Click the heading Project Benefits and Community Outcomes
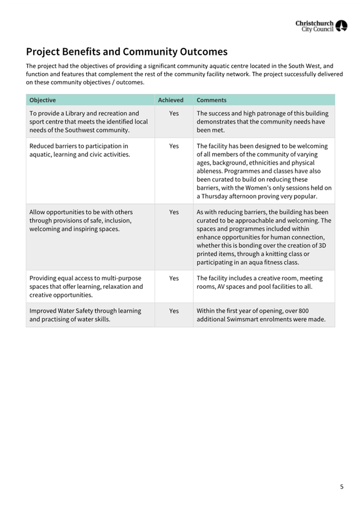126,52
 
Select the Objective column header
43,100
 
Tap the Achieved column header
171,100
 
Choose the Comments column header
211,100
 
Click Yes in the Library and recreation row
174,113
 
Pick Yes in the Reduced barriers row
174,147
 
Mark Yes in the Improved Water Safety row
174,311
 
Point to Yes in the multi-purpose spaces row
174,278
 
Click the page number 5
342,487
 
